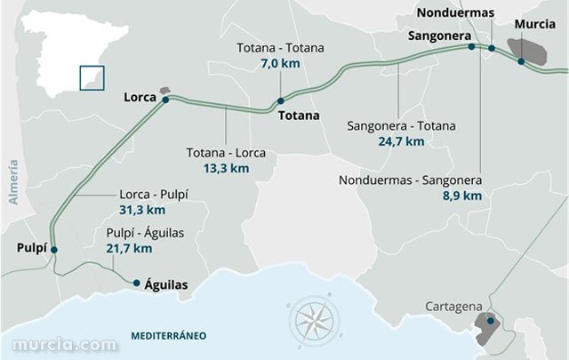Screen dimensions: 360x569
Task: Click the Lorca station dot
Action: [165, 100]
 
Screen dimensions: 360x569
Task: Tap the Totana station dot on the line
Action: [280, 100]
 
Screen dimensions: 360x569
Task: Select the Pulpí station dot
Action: [54, 251]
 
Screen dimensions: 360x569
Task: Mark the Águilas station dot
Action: [136, 284]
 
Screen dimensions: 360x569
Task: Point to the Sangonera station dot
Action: [471, 46]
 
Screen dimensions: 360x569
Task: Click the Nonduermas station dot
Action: [491, 49]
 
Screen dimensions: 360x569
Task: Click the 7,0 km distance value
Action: [280, 64]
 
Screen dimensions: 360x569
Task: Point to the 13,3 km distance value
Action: [225, 167]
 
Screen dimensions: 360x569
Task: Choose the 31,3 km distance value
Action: [142, 210]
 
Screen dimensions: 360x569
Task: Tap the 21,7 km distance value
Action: [129, 248]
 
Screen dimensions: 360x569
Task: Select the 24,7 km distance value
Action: [405, 140]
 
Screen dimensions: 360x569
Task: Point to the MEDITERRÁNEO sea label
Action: [168, 335]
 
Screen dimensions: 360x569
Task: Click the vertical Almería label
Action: [13, 183]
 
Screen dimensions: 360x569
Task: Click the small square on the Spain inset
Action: [90, 77]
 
